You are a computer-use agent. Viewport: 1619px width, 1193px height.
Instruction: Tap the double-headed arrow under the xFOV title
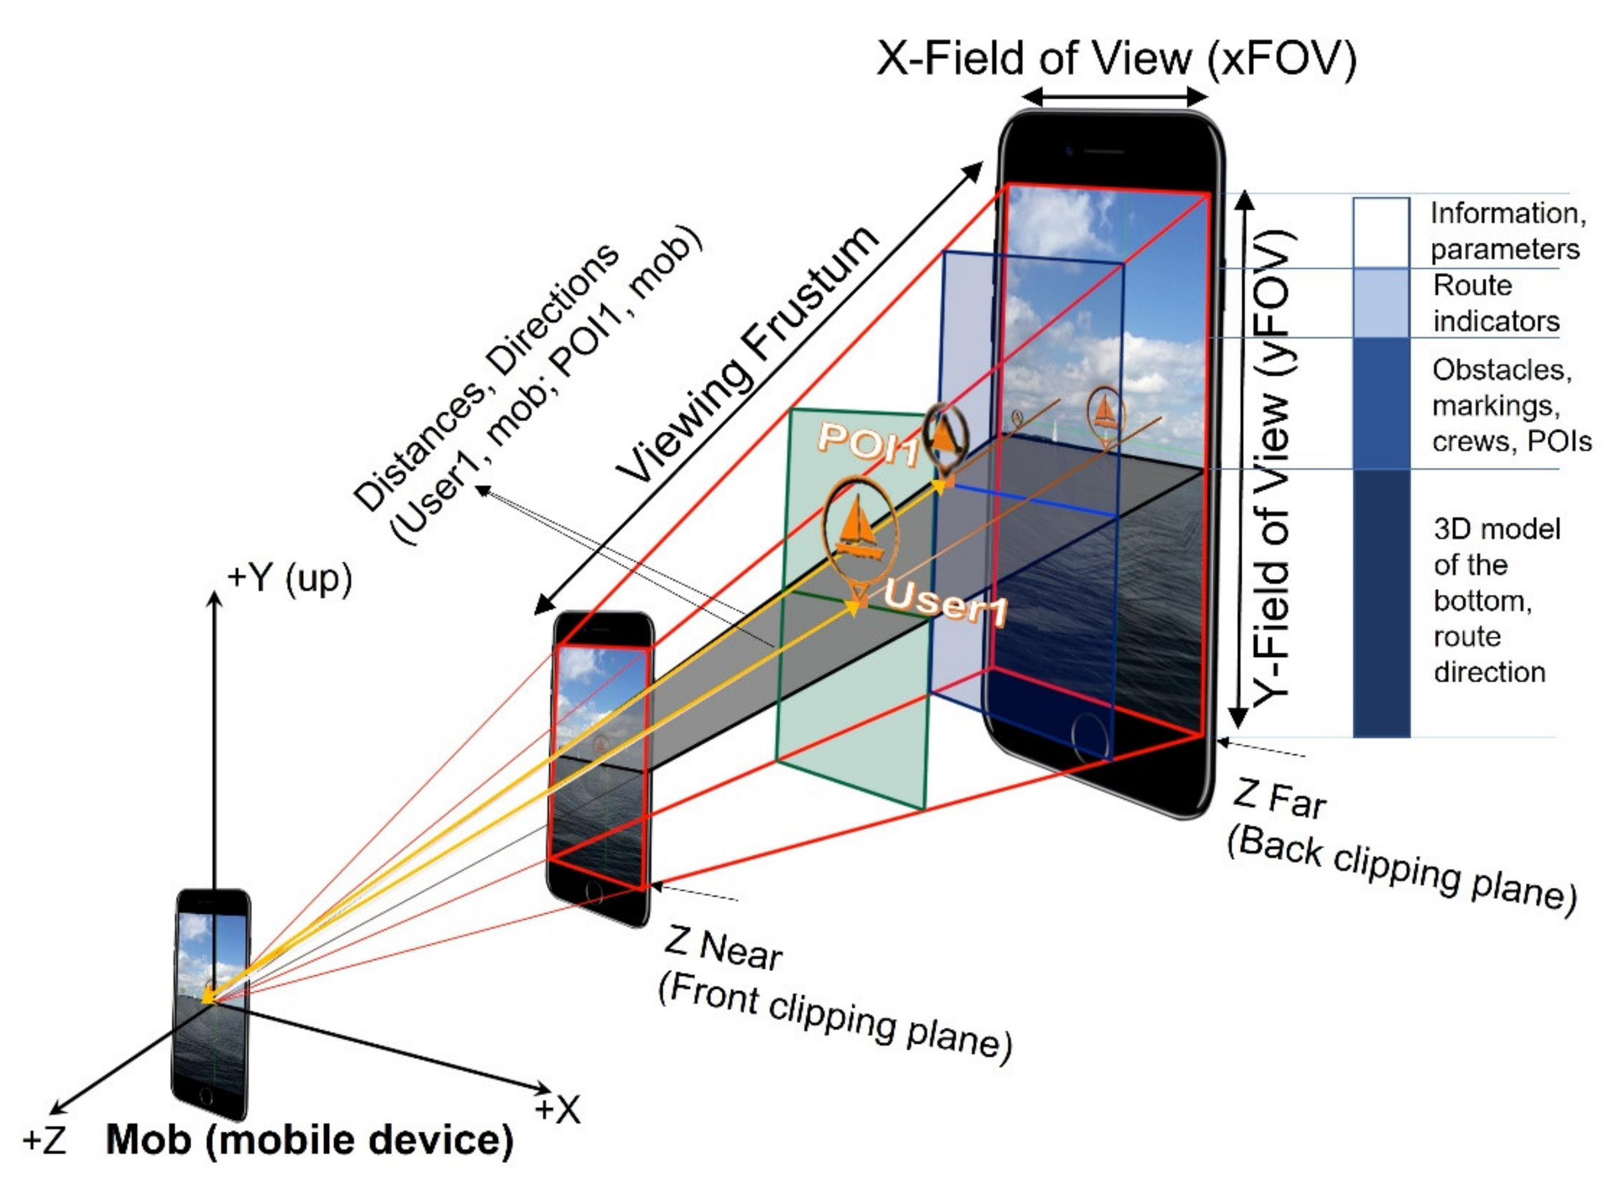[1115, 97]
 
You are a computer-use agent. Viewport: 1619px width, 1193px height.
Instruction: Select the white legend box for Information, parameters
[1380, 233]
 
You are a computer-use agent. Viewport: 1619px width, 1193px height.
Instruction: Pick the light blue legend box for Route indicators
[1380, 302]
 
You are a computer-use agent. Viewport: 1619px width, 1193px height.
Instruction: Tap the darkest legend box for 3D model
[1380, 603]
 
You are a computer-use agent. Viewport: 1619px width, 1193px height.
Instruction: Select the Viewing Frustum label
[748, 354]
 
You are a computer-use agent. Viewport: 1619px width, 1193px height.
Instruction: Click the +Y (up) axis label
[289, 578]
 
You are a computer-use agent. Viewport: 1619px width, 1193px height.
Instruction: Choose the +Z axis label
[45, 1140]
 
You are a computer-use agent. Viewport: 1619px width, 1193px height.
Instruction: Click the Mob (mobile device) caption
[309, 1140]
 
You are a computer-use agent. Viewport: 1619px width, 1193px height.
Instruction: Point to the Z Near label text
[722, 948]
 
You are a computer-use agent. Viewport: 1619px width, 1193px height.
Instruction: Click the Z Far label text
[1279, 798]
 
